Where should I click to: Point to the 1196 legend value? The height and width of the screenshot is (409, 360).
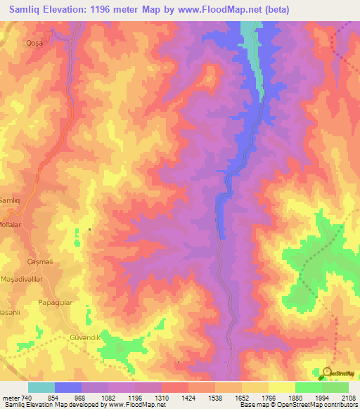[135, 398]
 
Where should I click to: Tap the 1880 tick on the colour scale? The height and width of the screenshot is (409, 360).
[295, 398]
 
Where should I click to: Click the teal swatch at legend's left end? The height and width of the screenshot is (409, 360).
[41, 387]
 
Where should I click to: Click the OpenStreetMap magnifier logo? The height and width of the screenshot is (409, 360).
[328, 372]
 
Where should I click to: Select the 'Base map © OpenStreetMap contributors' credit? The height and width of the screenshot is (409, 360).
[296, 405]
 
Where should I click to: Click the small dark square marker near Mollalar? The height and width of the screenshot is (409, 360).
[89, 230]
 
